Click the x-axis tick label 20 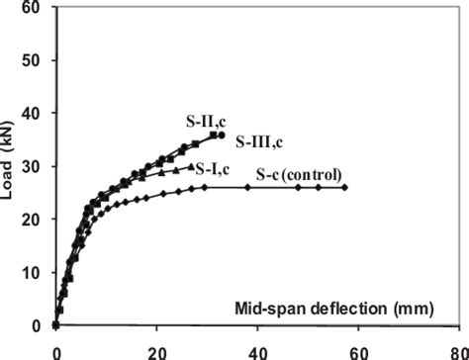tap(157, 351)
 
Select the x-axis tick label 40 tap(258, 351)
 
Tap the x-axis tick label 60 tap(359, 351)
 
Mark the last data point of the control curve tap(344, 187)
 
